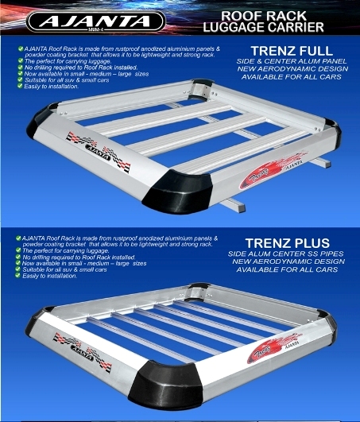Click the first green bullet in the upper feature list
(x=21, y=49)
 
